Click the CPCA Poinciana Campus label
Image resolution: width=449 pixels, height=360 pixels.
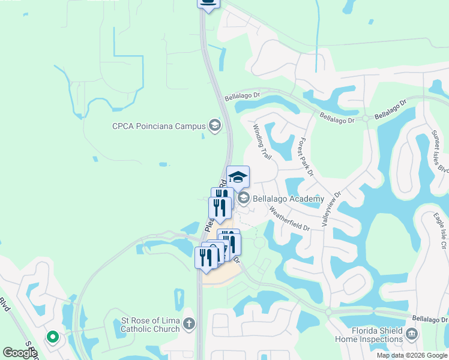point(158,126)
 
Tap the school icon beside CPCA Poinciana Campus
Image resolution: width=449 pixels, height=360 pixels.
point(214,126)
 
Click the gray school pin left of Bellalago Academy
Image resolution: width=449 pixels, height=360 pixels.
point(243,198)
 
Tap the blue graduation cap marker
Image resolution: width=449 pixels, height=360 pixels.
point(238,177)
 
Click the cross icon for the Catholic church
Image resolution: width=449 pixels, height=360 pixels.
point(189,325)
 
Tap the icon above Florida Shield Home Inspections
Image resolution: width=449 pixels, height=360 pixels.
point(411,334)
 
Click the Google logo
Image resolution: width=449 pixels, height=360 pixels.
point(20,352)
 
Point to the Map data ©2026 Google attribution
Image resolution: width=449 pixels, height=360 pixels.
point(412,355)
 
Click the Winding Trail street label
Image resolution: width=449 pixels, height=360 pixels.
point(262,142)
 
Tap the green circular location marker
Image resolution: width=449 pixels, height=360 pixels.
point(53,337)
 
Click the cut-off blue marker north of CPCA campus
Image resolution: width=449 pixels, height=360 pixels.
point(208,4)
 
